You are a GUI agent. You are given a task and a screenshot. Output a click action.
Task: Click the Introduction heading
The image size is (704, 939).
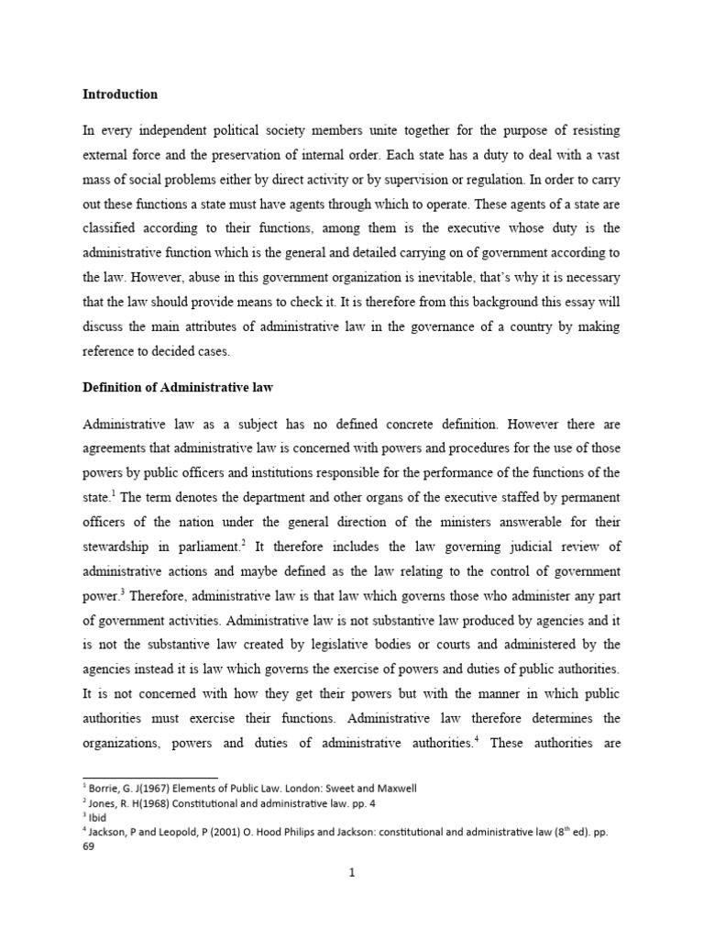[120, 94]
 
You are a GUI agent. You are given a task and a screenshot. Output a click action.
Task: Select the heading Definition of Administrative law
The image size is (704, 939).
[178, 389]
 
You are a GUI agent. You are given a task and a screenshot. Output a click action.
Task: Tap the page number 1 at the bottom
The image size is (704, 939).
[351, 872]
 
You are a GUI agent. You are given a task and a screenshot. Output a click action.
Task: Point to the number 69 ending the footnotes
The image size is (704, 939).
[89, 847]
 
